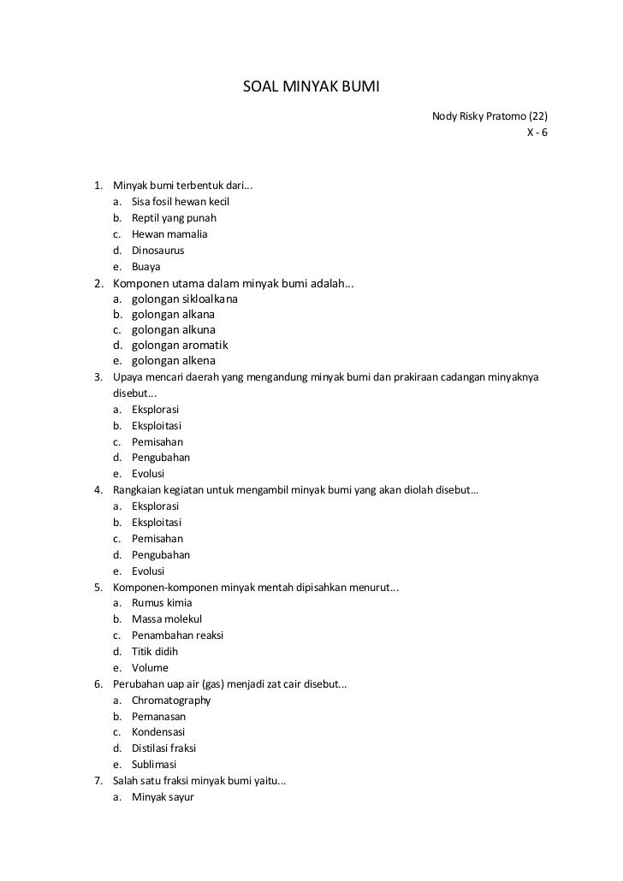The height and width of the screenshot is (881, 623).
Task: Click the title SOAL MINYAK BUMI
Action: [x=311, y=87]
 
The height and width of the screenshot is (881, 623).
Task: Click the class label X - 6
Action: [x=537, y=133]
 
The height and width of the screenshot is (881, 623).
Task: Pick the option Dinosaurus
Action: [x=157, y=251]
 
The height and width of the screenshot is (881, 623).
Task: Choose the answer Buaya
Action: [x=145, y=267]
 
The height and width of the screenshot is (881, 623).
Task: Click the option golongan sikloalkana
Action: [x=185, y=299]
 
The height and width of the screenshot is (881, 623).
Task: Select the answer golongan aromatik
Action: [x=179, y=346]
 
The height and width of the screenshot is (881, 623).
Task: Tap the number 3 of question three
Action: [x=98, y=377]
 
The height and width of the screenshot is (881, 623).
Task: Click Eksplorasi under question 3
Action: [x=155, y=410]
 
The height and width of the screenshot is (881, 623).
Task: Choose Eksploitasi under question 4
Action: [x=157, y=523]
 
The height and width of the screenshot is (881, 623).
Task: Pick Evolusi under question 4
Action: [x=148, y=571]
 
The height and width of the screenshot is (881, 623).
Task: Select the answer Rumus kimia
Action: [x=162, y=603]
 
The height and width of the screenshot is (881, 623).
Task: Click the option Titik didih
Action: [x=155, y=652]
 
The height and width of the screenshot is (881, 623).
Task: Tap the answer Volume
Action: [x=150, y=668]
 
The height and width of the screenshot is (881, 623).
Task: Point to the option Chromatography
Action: [x=171, y=701]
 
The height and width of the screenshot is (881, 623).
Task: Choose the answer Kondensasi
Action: [x=157, y=732]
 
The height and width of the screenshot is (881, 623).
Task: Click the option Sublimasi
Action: [x=154, y=765]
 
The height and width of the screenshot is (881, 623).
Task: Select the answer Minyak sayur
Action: [x=163, y=797]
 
